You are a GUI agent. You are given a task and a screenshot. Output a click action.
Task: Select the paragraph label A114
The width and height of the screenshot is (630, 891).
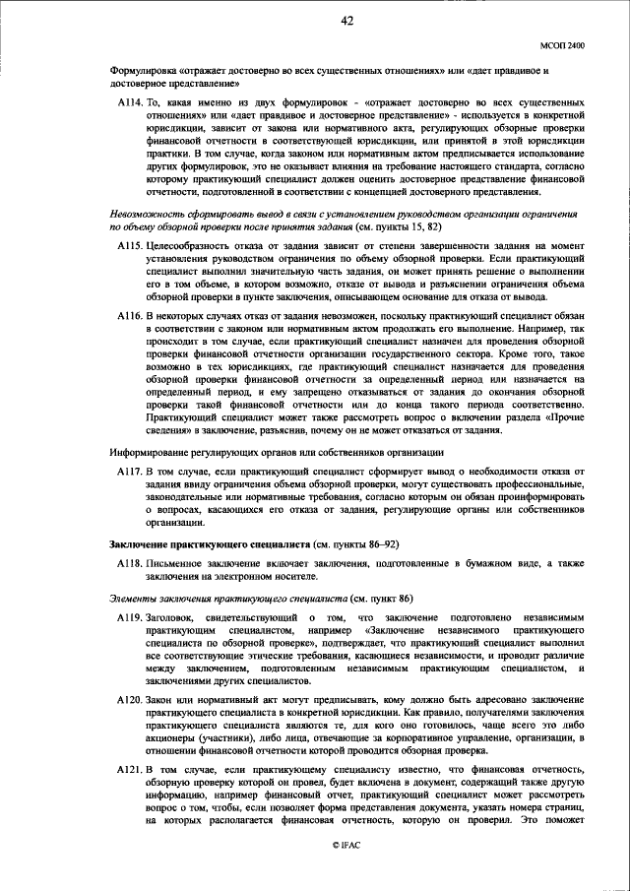click(x=128, y=101)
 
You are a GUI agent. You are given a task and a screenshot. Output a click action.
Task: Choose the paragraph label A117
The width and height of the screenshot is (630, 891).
click(x=128, y=473)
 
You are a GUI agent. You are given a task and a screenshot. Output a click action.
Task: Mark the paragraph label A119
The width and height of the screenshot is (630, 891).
click(x=128, y=616)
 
